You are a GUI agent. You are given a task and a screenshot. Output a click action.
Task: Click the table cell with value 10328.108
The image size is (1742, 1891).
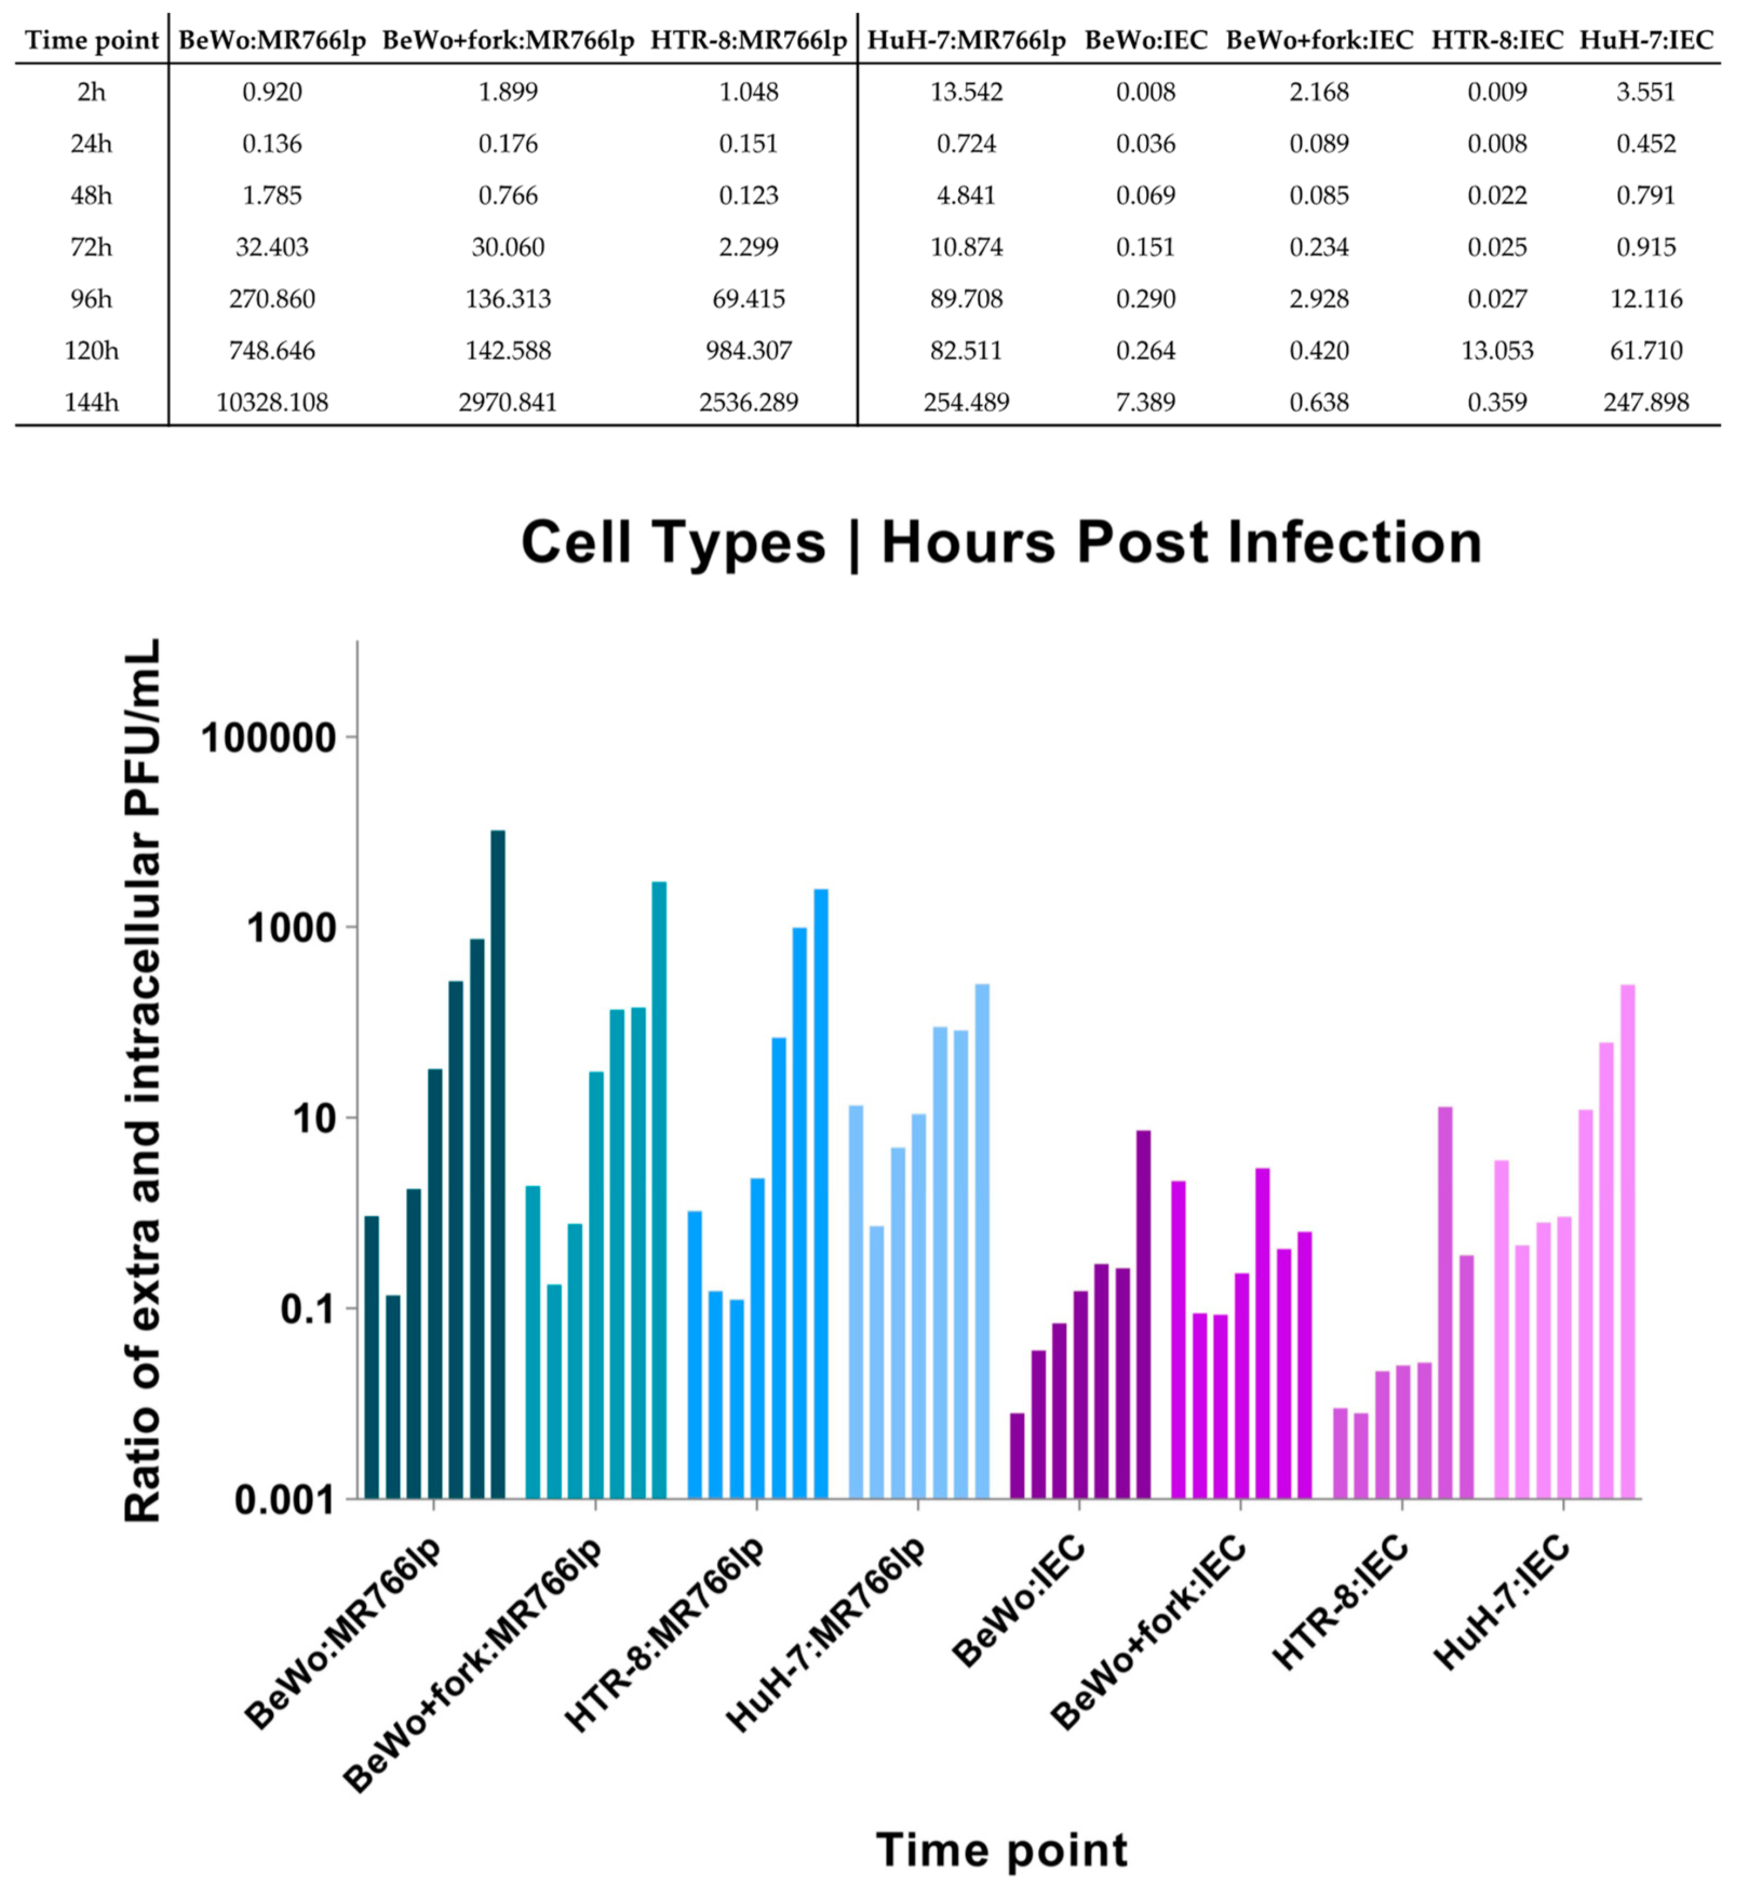(x=272, y=403)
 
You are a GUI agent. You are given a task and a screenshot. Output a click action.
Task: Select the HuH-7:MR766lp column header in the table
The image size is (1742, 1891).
(x=966, y=41)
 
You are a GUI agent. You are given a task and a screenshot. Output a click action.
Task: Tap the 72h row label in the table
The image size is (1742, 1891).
(x=91, y=247)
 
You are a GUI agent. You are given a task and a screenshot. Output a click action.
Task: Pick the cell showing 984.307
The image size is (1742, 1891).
(x=749, y=351)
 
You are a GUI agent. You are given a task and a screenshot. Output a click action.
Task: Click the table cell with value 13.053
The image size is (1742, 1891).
(x=1497, y=351)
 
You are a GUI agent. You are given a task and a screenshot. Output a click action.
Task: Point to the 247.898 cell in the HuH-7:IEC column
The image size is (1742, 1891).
(x=1646, y=403)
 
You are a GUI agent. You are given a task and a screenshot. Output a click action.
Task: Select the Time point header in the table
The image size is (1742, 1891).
(x=91, y=41)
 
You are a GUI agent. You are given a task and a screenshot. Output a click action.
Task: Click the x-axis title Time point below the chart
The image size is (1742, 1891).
(x=1001, y=1849)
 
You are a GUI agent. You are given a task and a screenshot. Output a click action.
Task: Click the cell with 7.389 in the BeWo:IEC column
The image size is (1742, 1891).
(x=1145, y=403)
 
